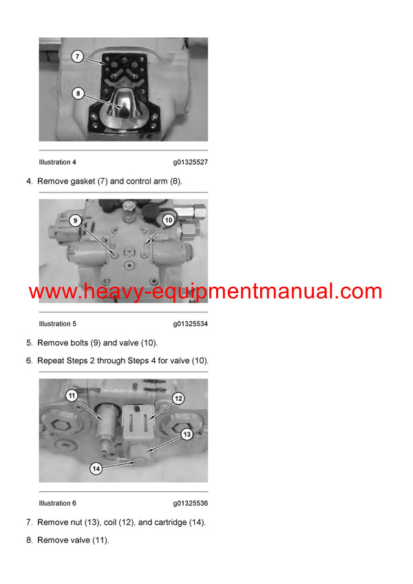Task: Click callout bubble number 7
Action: point(78,56)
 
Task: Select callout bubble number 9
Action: point(76,221)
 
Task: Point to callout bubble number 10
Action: point(167,220)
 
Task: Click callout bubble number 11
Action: point(71,396)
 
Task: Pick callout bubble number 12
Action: point(177,398)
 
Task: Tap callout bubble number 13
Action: point(186,434)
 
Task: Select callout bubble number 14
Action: point(96,468)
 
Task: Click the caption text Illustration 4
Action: point(58,162)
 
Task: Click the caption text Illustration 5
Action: point(58,324)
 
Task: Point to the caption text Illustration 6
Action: point(58,504)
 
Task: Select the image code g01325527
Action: point(190,162)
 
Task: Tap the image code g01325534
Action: point(190,324)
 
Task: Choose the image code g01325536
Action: point(190,504)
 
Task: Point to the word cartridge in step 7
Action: point(171,522)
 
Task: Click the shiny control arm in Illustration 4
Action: point(123,105)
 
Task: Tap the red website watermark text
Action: point(205,292)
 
